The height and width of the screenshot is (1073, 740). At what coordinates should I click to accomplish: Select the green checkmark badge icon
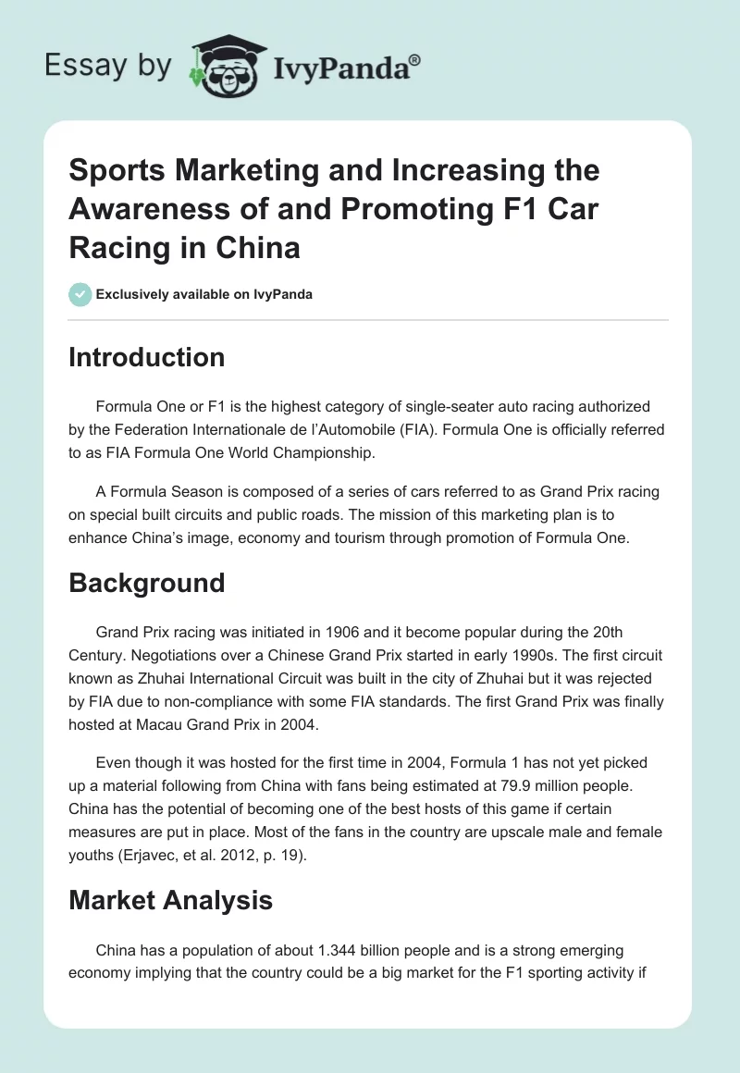80,295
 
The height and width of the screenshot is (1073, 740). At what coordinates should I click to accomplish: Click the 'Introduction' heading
146,357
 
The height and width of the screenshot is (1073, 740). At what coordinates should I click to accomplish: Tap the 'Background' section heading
146,583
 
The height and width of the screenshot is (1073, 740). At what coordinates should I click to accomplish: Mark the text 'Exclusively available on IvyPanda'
203,295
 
